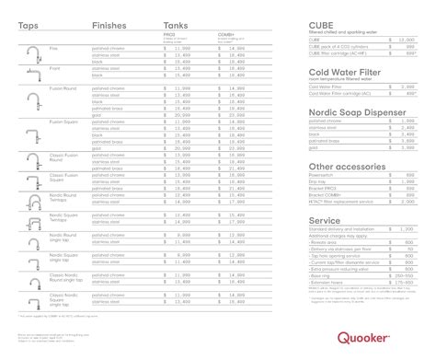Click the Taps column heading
click(x=28, y=25)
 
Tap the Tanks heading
click(x=175, y=25)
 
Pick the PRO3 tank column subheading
click(x=168, y=36)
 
